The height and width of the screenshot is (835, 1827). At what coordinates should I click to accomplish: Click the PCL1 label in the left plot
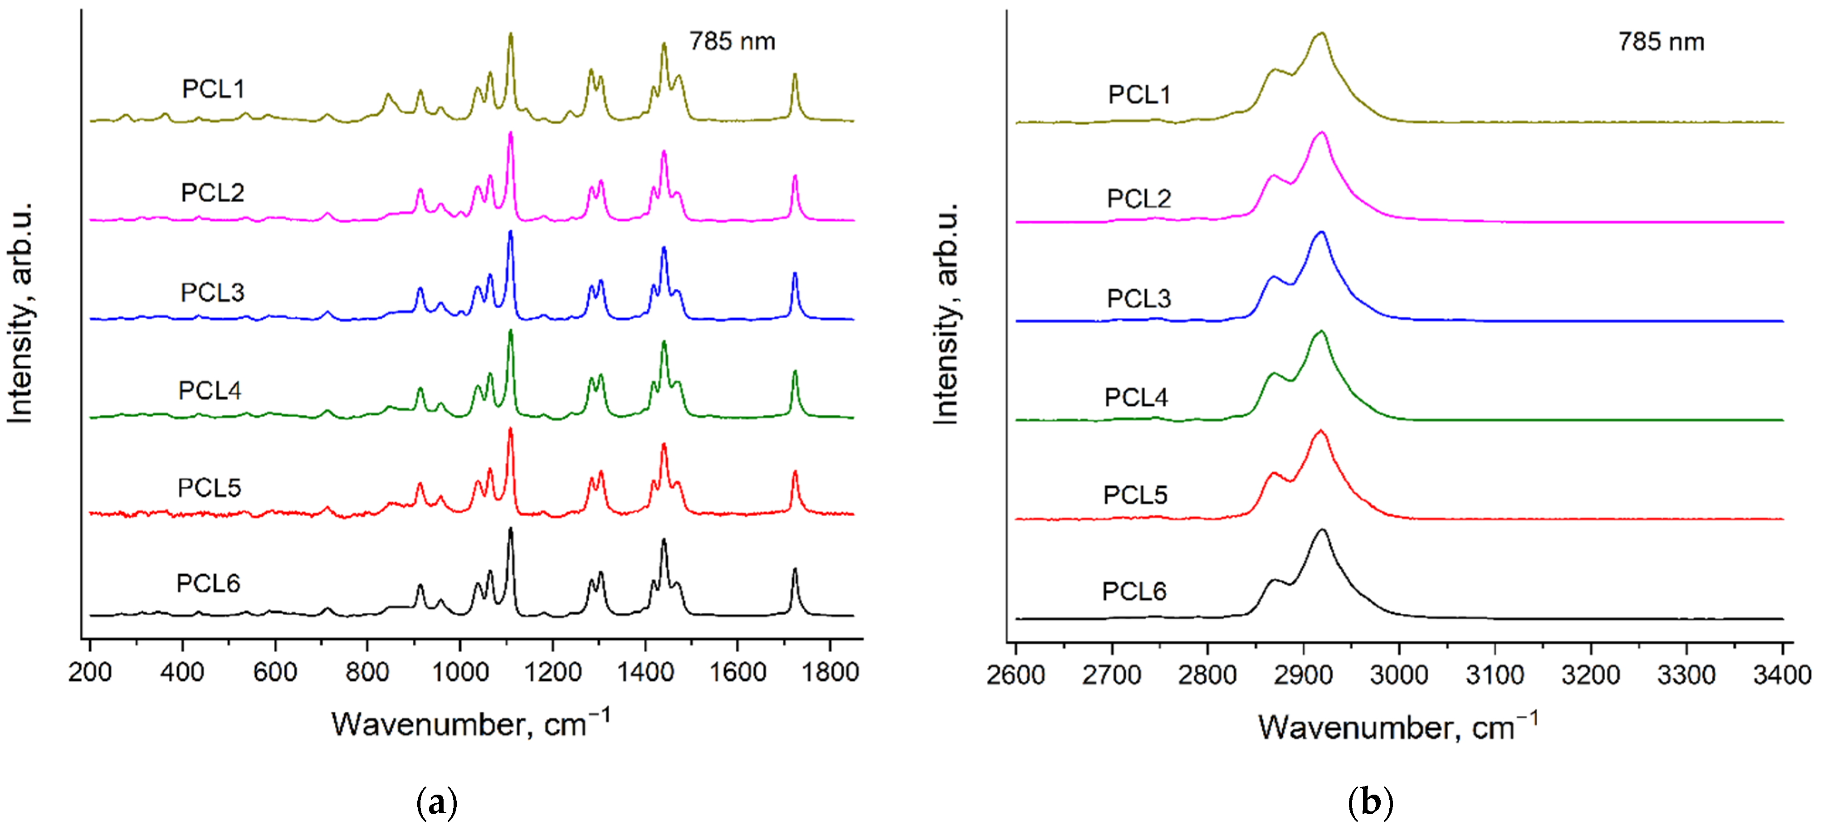tap(213, 89)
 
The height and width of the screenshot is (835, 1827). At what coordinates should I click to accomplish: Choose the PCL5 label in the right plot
tap(1135, 495)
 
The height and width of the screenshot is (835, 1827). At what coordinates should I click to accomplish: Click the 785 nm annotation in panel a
tap(732, 42)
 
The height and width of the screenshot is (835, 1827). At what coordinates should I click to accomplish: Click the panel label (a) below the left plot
tap(436, 803)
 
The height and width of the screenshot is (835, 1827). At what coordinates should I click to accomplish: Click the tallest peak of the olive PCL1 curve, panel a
tap(510, 35)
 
